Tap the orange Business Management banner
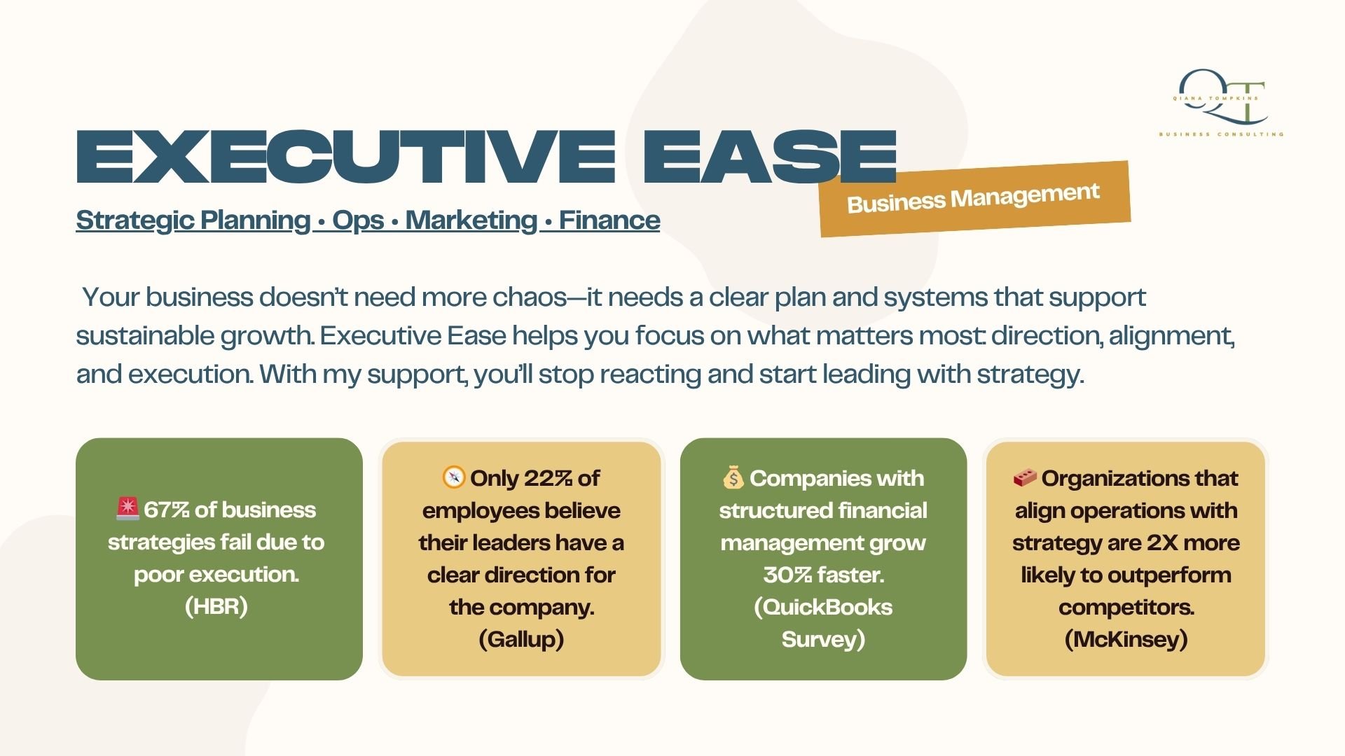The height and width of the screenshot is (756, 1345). click(974, 199)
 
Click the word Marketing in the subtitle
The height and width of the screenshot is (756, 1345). click(471, 220)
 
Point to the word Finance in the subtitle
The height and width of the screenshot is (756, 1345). click(609, 220)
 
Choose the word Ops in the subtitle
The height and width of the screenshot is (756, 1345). click(358, 220)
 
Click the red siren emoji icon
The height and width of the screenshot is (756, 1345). click(128, 509)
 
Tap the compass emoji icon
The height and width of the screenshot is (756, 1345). click(454, 477)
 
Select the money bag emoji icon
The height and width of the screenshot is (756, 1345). click(733, 477)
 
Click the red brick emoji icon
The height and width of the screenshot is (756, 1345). click(1025, 478)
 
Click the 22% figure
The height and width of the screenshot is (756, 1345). click(548, 478)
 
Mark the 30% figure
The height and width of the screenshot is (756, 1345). click(787, 575)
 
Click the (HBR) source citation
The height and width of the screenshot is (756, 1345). click(216, 606)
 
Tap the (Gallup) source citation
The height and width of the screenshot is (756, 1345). click(521, 639)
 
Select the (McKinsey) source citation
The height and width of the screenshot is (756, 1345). click(1126, 639)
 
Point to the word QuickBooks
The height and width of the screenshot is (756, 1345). click(827, 607)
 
